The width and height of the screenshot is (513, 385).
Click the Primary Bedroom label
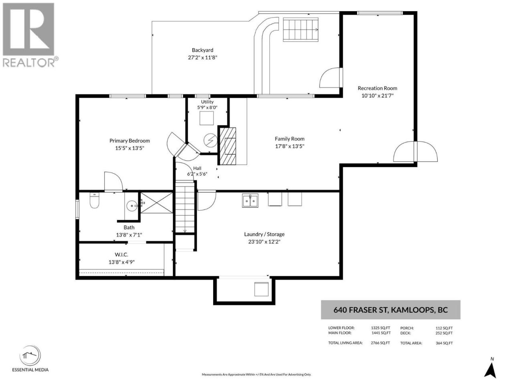click(x=129, y=141)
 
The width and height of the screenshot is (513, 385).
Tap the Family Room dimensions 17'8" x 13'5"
click(x=290, y=146)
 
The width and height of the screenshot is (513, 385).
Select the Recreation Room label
click(x=378, y=88)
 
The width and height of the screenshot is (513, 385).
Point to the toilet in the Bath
click(x=95, y=201)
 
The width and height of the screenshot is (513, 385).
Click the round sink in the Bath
click(x=132, y=206)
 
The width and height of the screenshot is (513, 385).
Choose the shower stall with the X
click(x=157, y=203)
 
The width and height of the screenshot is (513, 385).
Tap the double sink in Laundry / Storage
click(x=250, y=201)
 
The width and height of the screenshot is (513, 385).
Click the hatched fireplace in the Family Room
click(x=227, y=146)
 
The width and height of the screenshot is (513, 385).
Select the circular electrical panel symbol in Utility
click(x=210, y=140)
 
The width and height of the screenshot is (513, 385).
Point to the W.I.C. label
click(x=121, y=254)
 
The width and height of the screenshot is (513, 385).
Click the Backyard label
click(x=202, y=50)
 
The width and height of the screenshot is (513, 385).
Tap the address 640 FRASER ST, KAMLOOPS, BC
click(x=390, y=310)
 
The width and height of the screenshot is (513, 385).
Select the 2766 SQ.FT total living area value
click(x=380, y=343)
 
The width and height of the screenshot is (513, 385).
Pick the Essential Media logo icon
click(x=30, y=355)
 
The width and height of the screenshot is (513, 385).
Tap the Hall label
click(x=197, y=168)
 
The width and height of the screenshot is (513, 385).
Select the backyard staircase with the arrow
click(x=301, y=30)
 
